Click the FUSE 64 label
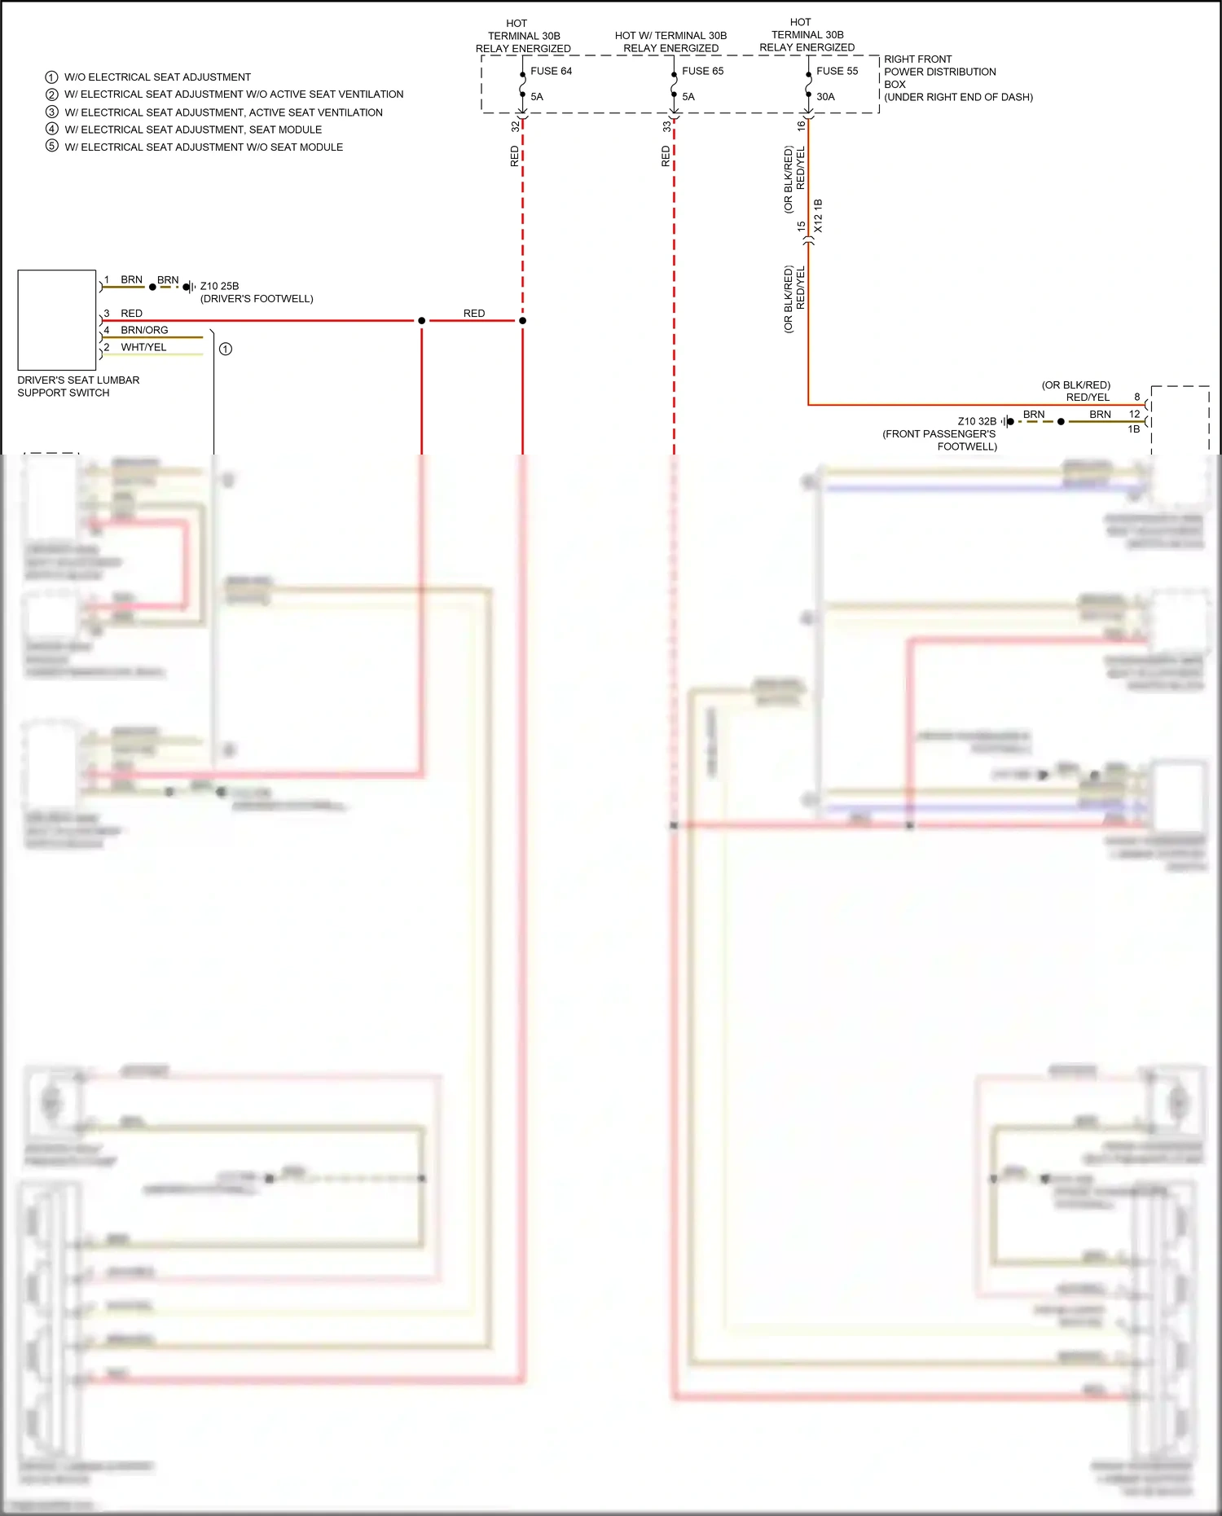(x=551, y=71)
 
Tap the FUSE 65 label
(x=702, y=71)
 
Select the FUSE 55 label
(x=837, y=71)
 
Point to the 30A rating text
(x=825, y=96)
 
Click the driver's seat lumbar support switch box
(x=57, y=320)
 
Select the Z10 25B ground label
(x=219, y=286)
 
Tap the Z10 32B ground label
(x=977, y=421)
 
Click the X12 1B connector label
(x=818, y=216)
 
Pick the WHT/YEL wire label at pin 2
(x=143, y=347)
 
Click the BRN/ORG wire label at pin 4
(x=144, y=330)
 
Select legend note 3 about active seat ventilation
(x=223, y=112)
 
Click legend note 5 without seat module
(x=204, y=147)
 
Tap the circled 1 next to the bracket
(x=226, y=349)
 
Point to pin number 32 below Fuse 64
(x=515, y=126)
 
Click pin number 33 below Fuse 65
(x=666, y=126)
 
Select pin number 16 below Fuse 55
(x=801, y=125)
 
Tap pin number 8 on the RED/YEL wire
(x=1137, y=397)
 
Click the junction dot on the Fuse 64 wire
(x=522, y=321)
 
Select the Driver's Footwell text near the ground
(x=257, y=299)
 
